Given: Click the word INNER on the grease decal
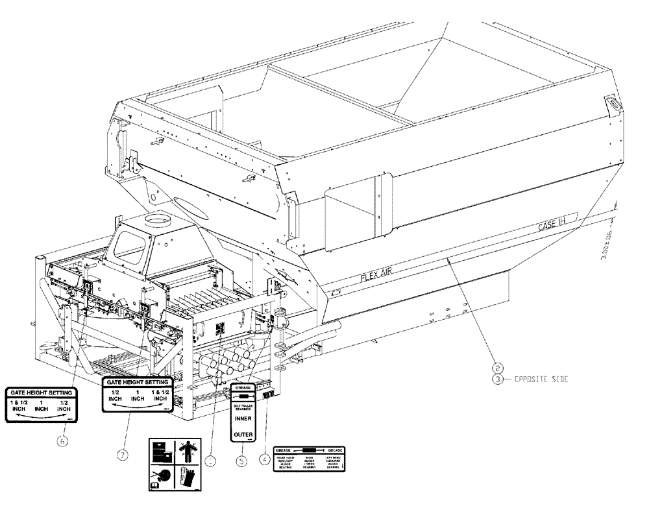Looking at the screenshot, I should (243, 418).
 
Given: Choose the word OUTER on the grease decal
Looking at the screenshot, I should (243, 435).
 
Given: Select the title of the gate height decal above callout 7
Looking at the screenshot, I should (137, 382).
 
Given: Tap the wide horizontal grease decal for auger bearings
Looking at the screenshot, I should (309, 459).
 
